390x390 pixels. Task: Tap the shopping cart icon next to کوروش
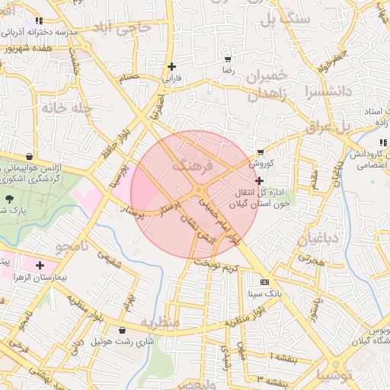[261, 152]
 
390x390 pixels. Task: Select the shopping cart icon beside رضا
[228, 59]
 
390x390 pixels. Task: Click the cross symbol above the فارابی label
[171, 66]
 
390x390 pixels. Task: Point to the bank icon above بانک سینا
[264, 280]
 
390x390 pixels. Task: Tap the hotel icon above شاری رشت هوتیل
[123, 330]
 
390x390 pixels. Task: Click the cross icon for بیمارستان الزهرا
[40, 265]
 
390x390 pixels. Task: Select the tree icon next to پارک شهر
[9, 199]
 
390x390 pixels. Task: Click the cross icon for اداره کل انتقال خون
[261, 181]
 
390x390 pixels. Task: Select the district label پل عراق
[327, 126]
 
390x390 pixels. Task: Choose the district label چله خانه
[67, 109]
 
